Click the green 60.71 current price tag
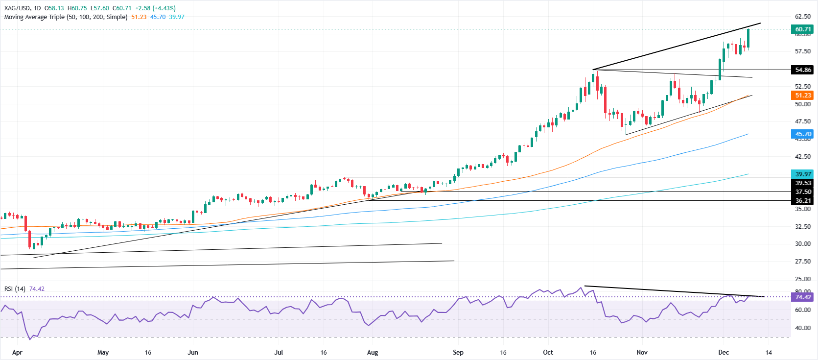click(803, 29)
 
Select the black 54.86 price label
click(803, 70)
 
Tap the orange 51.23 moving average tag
click(803, 96)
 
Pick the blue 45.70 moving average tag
click(803, 134)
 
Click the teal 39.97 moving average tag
click(803, 174)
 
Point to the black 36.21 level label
click(803, 200)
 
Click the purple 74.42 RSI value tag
click(803, 297)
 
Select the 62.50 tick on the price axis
click(803, 16)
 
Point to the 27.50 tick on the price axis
click(803, 261)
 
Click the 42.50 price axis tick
click(803, 156)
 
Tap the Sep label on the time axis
click(458, 352)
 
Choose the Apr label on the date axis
click(17, 352)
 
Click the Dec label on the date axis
click(724, 352)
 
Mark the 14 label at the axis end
click(769, 352)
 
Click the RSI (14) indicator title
click(15, 289)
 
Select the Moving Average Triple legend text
click(66, 17)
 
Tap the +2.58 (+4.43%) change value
click(155, 8)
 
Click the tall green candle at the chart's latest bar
click(748, 38)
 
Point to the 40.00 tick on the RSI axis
click(803, 328)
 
